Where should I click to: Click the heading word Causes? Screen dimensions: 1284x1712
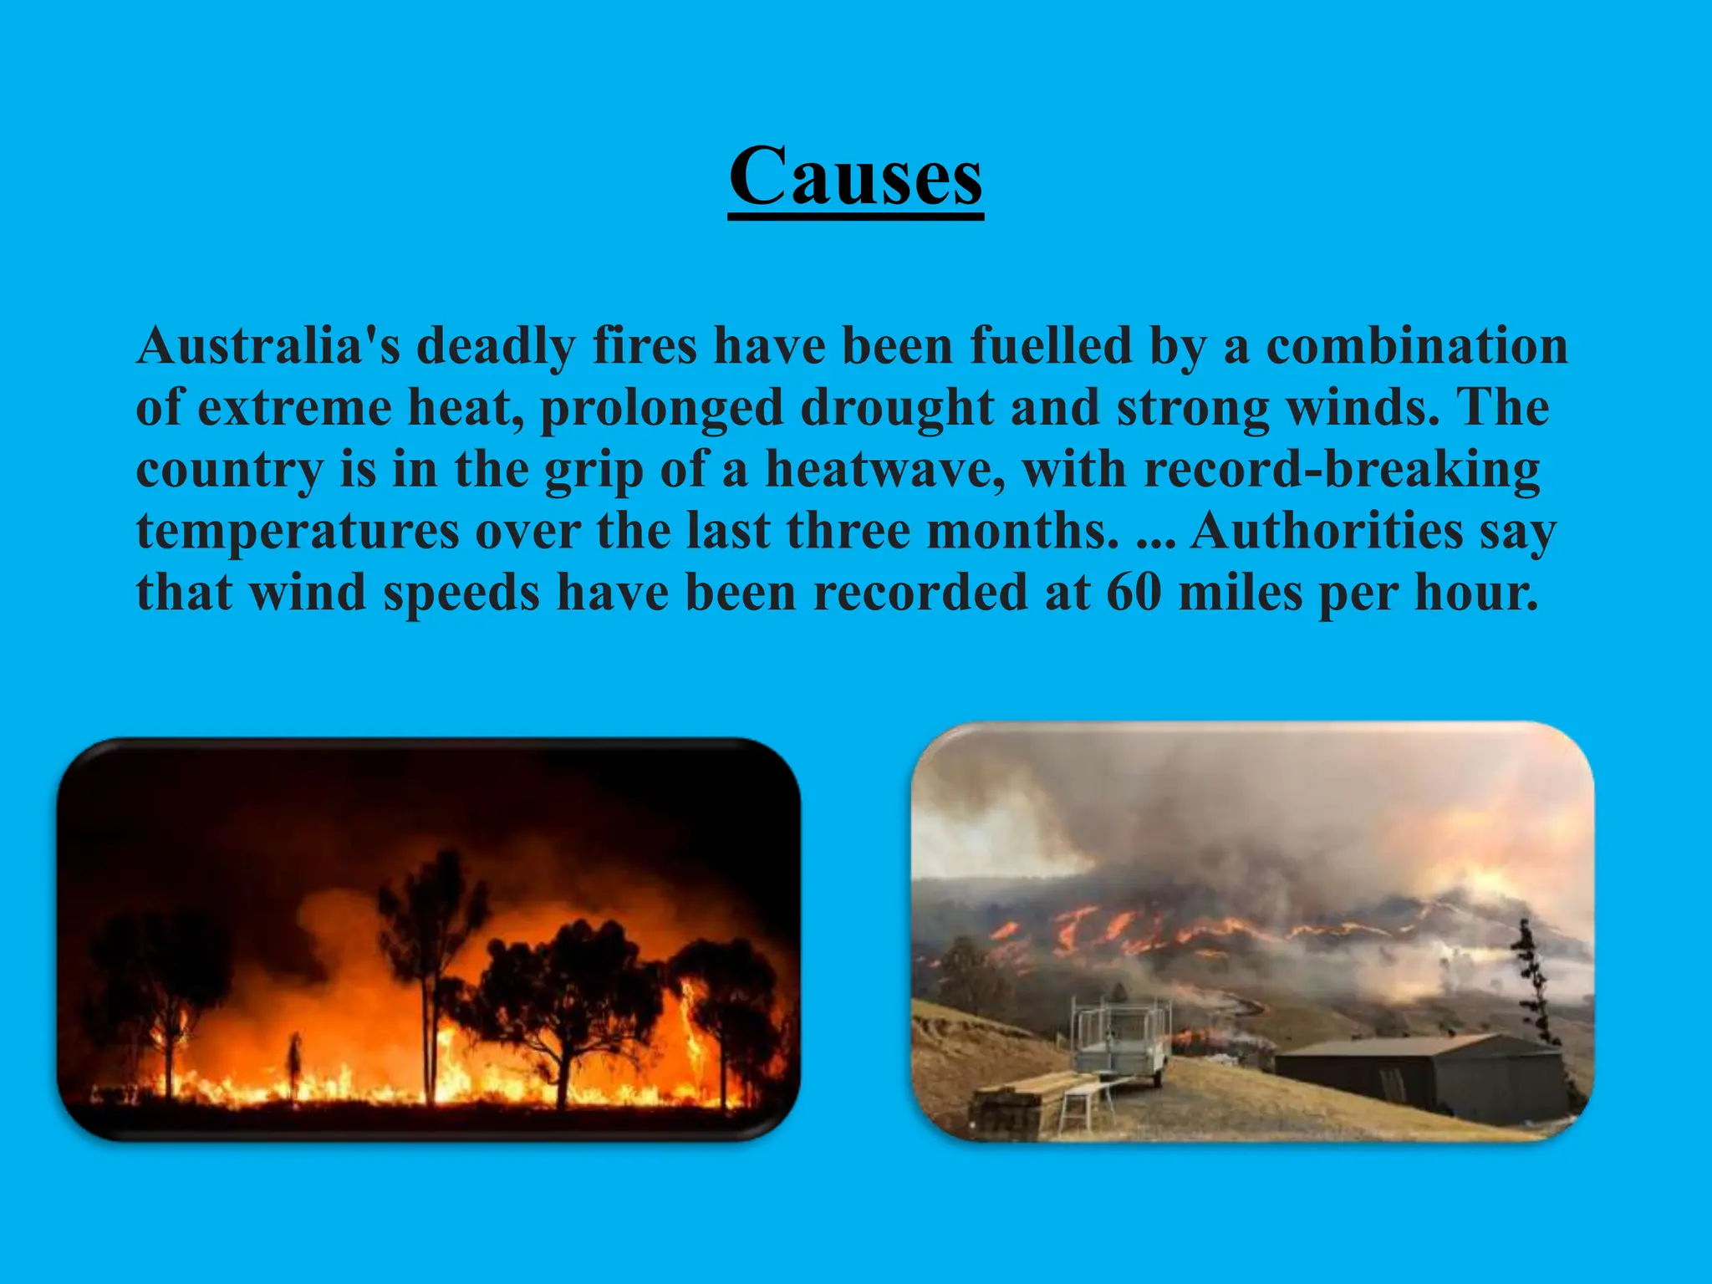point(855,177)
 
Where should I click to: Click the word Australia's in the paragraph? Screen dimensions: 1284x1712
point(268,345)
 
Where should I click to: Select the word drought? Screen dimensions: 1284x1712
point(896,407)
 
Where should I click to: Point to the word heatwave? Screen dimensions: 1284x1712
point(884,469)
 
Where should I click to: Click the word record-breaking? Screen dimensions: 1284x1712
point(1342,469)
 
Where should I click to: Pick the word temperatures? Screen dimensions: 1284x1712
point(298,531)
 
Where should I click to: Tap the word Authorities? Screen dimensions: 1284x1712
point(1327,531)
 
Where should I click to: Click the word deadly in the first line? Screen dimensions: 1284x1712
point(496,345)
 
